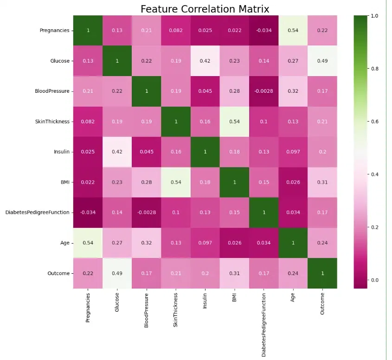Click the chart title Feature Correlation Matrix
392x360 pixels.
click(205, 9)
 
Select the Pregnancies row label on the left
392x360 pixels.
click(54, 31)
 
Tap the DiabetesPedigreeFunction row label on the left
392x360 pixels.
click(37, 212)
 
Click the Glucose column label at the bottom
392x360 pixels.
click(117, 303)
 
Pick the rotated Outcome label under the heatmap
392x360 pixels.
click(322, 304)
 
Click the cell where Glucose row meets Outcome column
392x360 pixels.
click(322, 61)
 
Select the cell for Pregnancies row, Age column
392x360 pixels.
click(293, 31)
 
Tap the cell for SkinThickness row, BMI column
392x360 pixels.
click(235, 122)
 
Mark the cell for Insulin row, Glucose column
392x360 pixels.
click(117, 152)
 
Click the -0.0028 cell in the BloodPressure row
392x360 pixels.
click(264, 91)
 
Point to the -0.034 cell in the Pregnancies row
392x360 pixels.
click(264, 31)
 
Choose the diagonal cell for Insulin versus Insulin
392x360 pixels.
click(205, 152)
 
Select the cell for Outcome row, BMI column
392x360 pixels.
click(235, 273)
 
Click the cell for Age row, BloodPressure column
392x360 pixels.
click(147, 243)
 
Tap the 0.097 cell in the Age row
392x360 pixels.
click(205, 243)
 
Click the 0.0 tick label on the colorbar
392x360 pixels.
click(374, 280)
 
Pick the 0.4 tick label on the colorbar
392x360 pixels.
click(374, 174)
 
